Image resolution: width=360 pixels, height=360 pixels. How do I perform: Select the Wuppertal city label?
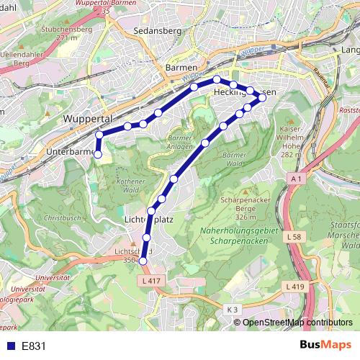tap(90, 117)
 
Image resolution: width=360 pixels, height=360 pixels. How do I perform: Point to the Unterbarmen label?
tap(68, 152)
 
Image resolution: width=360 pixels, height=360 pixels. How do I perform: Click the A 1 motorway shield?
tap(297, 177)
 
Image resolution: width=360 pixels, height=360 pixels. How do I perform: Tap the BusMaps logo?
tap(325, 345)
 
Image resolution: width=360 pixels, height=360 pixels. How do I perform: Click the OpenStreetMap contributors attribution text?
tap(298, 323)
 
